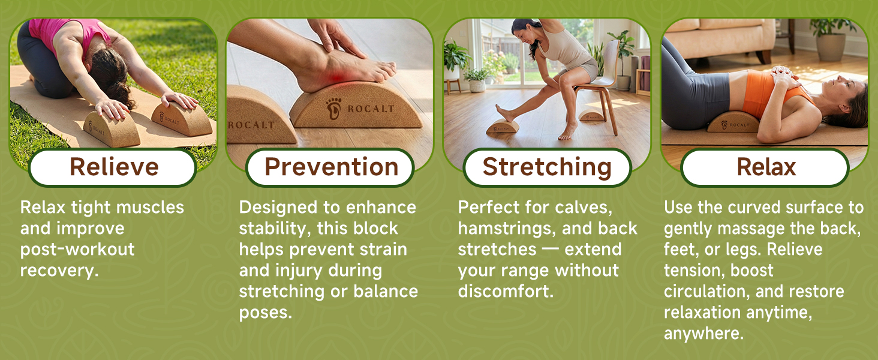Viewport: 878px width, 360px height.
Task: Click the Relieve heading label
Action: coord(114,167)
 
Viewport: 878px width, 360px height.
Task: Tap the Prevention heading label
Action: coord(331,167)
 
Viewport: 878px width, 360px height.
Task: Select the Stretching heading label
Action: coord(547,167)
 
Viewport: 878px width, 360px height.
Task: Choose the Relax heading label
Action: coord(766,167)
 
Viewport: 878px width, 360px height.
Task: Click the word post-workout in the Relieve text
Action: coord(77,250)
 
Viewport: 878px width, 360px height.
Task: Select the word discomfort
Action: coord(506,292)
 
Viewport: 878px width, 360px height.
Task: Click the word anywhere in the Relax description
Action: coord(703,334)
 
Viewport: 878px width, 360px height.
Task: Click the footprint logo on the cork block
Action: coord(333,109)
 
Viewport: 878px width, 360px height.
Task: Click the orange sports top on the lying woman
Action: coord(766,94)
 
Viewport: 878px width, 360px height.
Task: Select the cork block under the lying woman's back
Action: coord(733,122)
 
